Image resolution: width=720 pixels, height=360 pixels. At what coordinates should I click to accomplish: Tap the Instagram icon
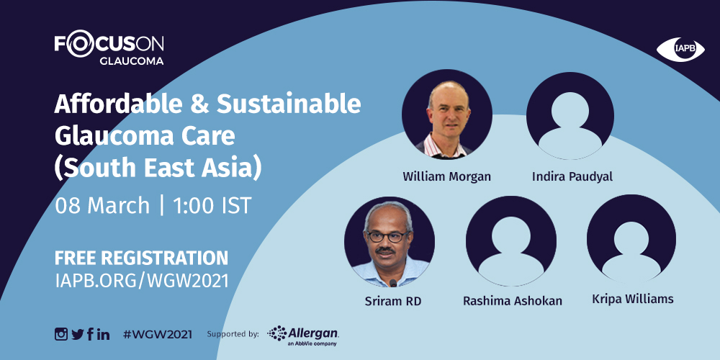tap(61, 334)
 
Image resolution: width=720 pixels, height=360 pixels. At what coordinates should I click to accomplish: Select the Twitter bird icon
tap(78, 334)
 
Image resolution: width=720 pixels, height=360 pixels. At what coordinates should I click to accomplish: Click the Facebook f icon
tap(90, 334)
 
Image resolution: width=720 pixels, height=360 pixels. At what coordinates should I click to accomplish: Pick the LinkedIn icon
tap(103, 334)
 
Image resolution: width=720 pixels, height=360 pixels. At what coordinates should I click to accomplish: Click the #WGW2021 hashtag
tap(158, 334)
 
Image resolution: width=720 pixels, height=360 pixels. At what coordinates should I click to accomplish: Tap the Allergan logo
tap(303, 336)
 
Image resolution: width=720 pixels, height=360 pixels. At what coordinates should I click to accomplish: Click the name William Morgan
tap(447, 176)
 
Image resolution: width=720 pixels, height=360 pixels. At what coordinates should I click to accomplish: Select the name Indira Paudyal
tap(572, 177)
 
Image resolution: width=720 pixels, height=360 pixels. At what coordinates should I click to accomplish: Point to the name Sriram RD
tap(392, 301)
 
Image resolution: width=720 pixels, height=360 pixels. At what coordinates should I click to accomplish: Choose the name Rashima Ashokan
tap(513, 301)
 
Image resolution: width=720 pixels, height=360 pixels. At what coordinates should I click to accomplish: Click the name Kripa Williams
tap(633, 300)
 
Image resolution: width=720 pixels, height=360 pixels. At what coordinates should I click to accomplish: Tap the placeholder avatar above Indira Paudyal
tap(570, 116)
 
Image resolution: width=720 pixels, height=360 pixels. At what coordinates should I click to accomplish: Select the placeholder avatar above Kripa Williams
tap(631, 239)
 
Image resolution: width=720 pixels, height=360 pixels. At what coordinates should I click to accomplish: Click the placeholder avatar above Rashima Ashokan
tap(511, 241)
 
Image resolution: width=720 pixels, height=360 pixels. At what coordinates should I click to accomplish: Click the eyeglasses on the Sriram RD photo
tap(387, 236)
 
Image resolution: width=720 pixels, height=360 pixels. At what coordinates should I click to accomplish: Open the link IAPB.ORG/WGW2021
tap(141, 281)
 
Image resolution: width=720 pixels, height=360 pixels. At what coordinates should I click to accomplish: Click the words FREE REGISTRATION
tap(141, 258)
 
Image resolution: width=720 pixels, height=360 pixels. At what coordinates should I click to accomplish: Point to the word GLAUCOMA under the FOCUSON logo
tap(131, 61)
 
